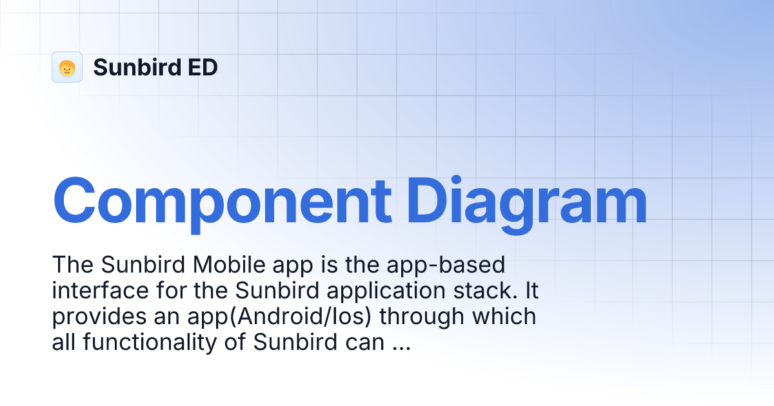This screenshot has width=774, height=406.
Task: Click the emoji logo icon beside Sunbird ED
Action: point(67,67)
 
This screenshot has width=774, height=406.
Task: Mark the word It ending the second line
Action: point(531,291)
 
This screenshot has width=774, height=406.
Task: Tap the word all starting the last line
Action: point(63,342)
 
